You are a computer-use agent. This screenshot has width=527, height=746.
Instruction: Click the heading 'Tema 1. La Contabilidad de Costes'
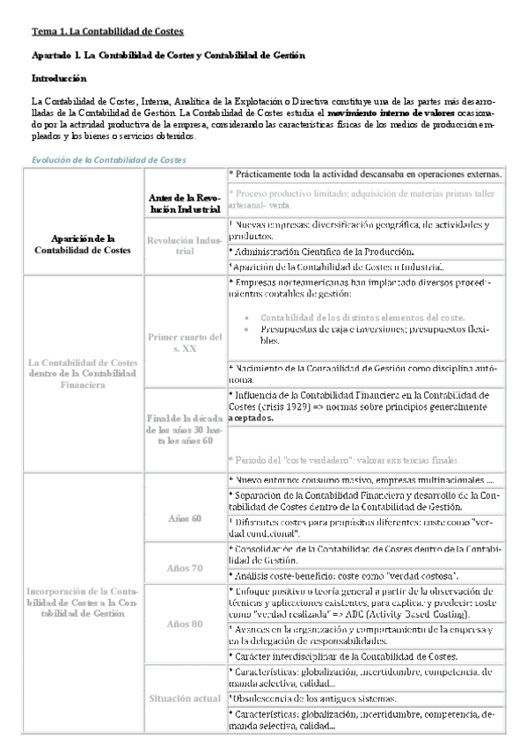coord(107,31)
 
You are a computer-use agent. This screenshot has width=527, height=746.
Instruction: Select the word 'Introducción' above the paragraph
coord(59,78)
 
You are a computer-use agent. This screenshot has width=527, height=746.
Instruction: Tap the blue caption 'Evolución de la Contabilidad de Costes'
coord(108,159)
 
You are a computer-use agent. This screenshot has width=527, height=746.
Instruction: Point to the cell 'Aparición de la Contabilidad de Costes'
coord(84,243)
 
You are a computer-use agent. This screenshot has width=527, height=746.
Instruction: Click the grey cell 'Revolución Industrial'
coord(184,245)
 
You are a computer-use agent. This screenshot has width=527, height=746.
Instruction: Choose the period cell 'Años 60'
coord(184,518)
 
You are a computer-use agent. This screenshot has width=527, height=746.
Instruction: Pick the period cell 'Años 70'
coord(184,567)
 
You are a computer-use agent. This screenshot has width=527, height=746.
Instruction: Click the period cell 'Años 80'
coord(184,624)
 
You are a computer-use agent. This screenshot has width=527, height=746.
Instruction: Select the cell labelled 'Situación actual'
coord(184,698)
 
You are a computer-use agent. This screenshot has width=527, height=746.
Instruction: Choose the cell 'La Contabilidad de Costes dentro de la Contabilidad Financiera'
coord(84,373)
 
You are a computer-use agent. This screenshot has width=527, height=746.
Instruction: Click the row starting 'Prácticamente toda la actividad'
coord(364,175)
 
